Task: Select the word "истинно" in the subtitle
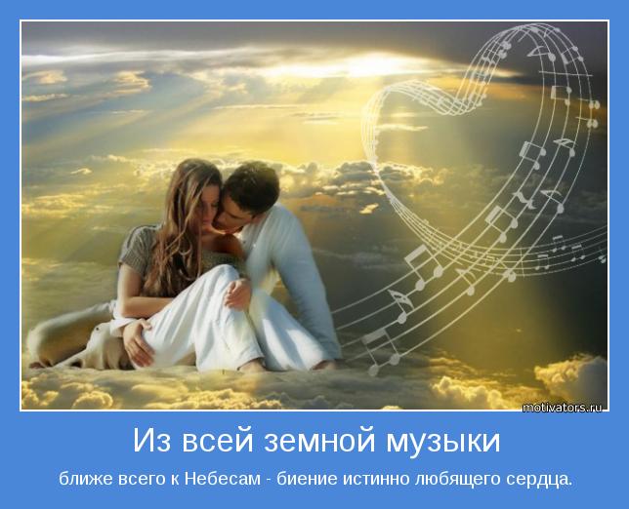(x=375, y=480)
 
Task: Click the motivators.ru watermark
(x=562, y=408)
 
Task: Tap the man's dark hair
(x=252, y=183)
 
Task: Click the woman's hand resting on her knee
(x=237, y=294)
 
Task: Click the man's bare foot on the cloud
(x=325, y=366)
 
